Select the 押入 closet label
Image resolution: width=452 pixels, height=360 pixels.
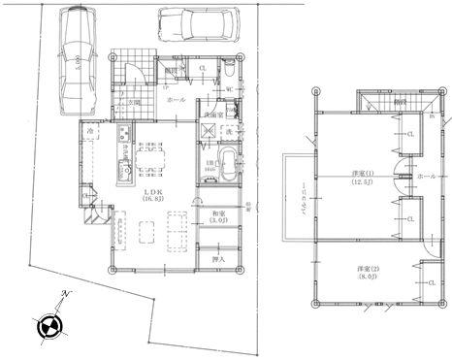(x=217, y=259)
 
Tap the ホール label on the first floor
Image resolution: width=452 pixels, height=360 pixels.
(x=177, y=99)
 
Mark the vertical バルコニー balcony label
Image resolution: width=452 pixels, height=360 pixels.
(x=302, y=199)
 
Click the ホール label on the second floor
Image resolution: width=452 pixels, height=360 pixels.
(x=426, y=178)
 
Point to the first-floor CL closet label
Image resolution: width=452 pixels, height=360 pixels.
(x=201, y=69)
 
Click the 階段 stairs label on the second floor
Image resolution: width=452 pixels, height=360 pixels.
(x=400, y=101)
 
